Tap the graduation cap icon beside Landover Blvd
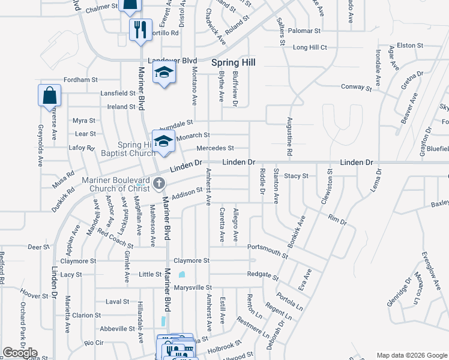click(163, 74)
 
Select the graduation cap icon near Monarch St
click(163, 140)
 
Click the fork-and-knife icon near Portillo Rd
click(140, 29)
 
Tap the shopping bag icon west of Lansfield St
click(49, 96)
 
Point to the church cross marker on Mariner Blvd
click(160, 183)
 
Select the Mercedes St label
click(215, 148)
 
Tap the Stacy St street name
click(296, 176)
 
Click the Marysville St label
click(193, 288)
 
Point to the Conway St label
click(352, 86)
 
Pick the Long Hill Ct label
click(310, 47)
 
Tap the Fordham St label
click(80, 79)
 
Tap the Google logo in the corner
click(20, 353)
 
